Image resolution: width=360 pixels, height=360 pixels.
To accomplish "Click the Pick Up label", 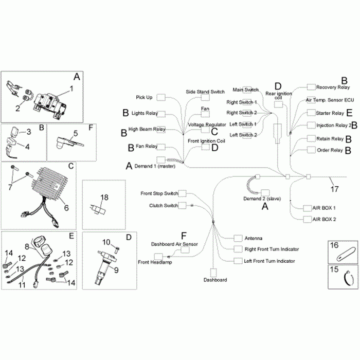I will (143, 97).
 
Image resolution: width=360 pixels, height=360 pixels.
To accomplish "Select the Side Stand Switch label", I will (205, 92).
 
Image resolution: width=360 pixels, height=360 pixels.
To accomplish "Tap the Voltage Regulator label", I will (207, 125).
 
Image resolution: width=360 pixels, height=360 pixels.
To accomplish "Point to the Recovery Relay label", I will (333, 87).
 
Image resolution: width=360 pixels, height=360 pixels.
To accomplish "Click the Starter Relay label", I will (330, 113).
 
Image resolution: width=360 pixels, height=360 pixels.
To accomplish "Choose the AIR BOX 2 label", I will (324, 219).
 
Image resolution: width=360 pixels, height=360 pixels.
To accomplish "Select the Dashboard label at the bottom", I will (215, 280).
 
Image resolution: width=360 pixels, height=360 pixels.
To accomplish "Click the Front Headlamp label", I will (155, 262).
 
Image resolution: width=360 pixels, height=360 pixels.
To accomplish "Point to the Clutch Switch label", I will (163, 205).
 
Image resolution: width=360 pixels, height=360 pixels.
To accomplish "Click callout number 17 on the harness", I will (334, 189).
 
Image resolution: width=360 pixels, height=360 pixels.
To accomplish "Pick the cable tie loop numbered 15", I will (347, 279).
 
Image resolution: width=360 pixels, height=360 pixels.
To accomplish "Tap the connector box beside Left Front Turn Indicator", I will (237, 261).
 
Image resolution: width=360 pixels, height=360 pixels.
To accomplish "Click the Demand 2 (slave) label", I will (265, 198).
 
